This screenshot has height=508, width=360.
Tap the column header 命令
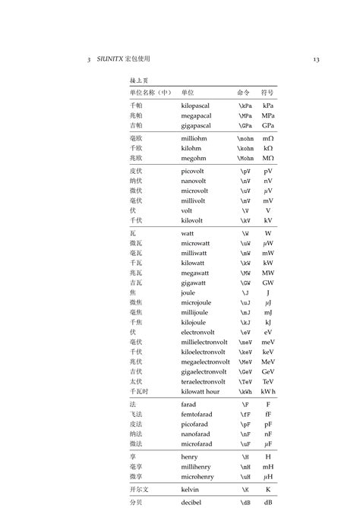point(243,91)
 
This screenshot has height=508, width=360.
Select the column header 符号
point(268,91)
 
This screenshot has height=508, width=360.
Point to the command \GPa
point(245,125)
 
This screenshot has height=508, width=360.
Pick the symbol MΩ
point(268,159)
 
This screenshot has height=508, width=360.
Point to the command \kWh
point(245,391)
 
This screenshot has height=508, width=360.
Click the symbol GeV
point(268,371)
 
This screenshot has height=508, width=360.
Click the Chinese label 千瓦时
point(140,391)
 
